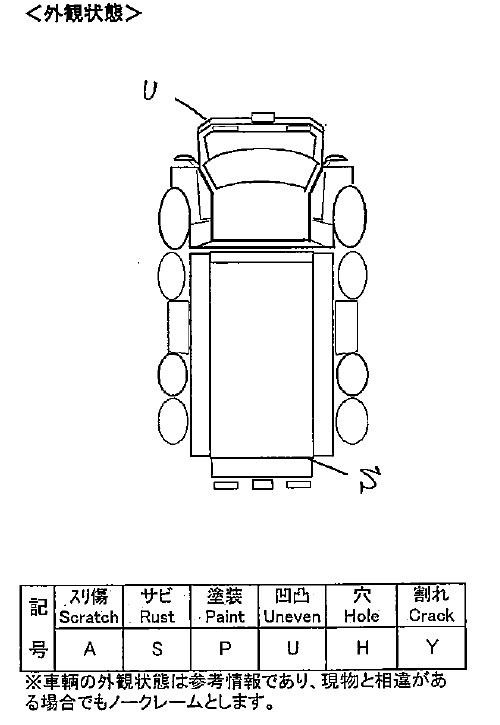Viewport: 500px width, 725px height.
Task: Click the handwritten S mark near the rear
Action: [370, 479]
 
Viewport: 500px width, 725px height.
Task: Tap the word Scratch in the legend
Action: [89, 617]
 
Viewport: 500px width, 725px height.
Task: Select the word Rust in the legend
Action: [157, 617]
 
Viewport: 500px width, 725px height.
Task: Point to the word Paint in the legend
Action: [225, 617]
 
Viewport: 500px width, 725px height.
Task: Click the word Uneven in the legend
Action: [292, 617]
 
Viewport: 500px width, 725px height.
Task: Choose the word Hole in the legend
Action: [362, 616]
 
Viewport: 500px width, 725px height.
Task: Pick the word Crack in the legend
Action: [432, 615]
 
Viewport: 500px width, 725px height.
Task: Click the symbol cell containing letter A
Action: [89, 649]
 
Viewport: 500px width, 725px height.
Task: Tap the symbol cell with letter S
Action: [157, 649]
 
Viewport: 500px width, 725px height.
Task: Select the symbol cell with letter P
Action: [225, 649]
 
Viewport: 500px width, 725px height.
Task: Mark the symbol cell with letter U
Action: [292, 649]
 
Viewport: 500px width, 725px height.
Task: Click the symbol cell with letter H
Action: [362, 648]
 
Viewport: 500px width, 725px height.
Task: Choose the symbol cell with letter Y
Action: [432, 648]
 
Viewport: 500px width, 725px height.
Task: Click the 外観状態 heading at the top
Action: [84, 13]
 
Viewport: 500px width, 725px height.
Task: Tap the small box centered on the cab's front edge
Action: [263, 117]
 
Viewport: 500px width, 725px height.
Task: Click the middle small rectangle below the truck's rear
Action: [262, 485]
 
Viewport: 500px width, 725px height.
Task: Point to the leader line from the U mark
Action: [191, 108]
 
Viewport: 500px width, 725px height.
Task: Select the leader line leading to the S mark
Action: [328, 467]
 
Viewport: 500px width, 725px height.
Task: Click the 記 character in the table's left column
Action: [38, 607]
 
